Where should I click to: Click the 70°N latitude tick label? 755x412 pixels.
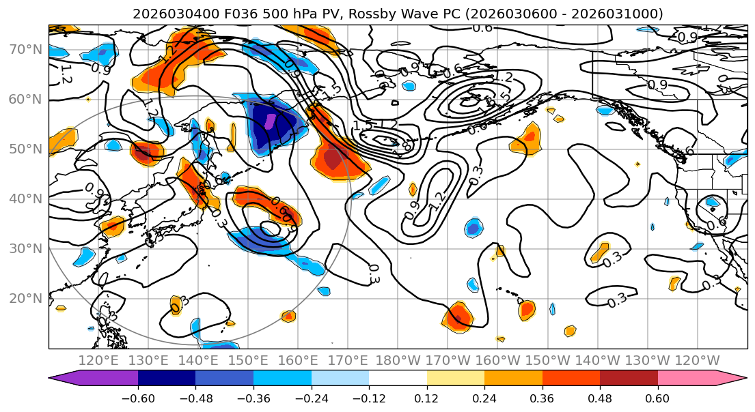25,49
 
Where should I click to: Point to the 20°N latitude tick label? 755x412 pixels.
25,298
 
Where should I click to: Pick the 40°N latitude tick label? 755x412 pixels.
25,198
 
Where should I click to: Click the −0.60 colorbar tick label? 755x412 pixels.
138,398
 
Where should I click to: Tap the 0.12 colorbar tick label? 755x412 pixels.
427,398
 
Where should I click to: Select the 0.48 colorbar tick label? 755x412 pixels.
600,398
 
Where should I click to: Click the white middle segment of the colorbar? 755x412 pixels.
398,379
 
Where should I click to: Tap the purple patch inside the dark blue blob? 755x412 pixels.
271,121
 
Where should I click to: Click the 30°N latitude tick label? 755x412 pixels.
25,248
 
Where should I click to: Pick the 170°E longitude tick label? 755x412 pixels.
348,360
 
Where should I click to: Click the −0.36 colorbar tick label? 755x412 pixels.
253,398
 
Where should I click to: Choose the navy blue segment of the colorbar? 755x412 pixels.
167,379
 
